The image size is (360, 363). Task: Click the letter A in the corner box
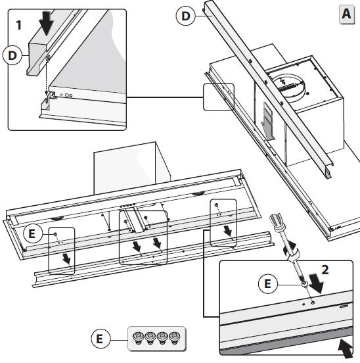346,14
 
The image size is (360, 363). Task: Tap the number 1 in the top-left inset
19,25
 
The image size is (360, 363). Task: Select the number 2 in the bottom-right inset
325,270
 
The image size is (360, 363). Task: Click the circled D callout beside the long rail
186,16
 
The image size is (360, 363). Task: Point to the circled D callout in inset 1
12,55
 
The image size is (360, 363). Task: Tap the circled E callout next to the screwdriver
267,283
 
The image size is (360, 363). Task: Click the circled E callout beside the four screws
99,339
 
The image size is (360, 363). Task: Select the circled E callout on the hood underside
32,233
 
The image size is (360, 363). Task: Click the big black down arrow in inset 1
47,23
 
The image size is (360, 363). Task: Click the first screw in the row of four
138,338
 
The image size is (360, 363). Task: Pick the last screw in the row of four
175,338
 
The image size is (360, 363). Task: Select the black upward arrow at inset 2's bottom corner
346,349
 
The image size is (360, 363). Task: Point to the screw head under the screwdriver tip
304,284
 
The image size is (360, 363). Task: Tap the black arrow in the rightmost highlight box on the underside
229,231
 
